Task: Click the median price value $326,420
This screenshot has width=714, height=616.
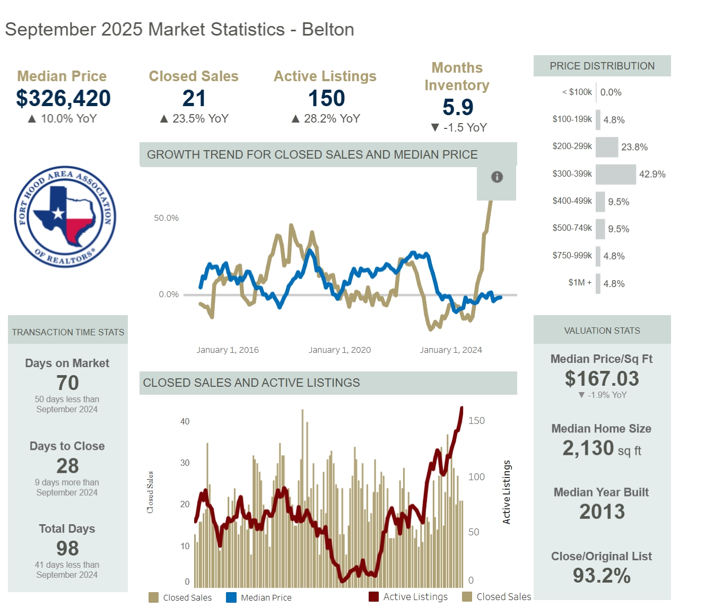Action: point(63,98)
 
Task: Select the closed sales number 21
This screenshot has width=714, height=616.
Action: point(194,98)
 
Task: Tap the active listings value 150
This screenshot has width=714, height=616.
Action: point(326,98)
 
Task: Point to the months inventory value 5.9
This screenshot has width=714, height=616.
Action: point(457,107)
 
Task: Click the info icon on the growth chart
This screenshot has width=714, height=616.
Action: point(497,177)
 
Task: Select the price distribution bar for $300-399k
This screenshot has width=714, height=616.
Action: point(615,174)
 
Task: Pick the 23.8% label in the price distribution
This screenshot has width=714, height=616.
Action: point(634,147)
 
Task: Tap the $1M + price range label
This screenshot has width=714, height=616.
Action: point(579,282)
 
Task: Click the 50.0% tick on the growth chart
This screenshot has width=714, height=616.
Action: point(166,218)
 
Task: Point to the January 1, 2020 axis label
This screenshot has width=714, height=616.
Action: point(339,350)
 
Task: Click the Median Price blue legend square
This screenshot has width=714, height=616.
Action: point(231,597)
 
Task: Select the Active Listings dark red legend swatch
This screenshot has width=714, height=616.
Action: point(373,597)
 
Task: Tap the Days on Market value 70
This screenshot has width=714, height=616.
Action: point(67,383)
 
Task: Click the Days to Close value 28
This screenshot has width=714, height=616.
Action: point(67,466)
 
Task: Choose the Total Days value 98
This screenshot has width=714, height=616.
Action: point(67,548)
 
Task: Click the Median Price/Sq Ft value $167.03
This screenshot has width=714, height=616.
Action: point(602,378)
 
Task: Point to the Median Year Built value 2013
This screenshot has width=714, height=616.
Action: point(602,511)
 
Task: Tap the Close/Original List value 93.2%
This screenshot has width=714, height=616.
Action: point(602,576)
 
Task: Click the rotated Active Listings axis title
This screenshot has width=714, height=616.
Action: point(507,492)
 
